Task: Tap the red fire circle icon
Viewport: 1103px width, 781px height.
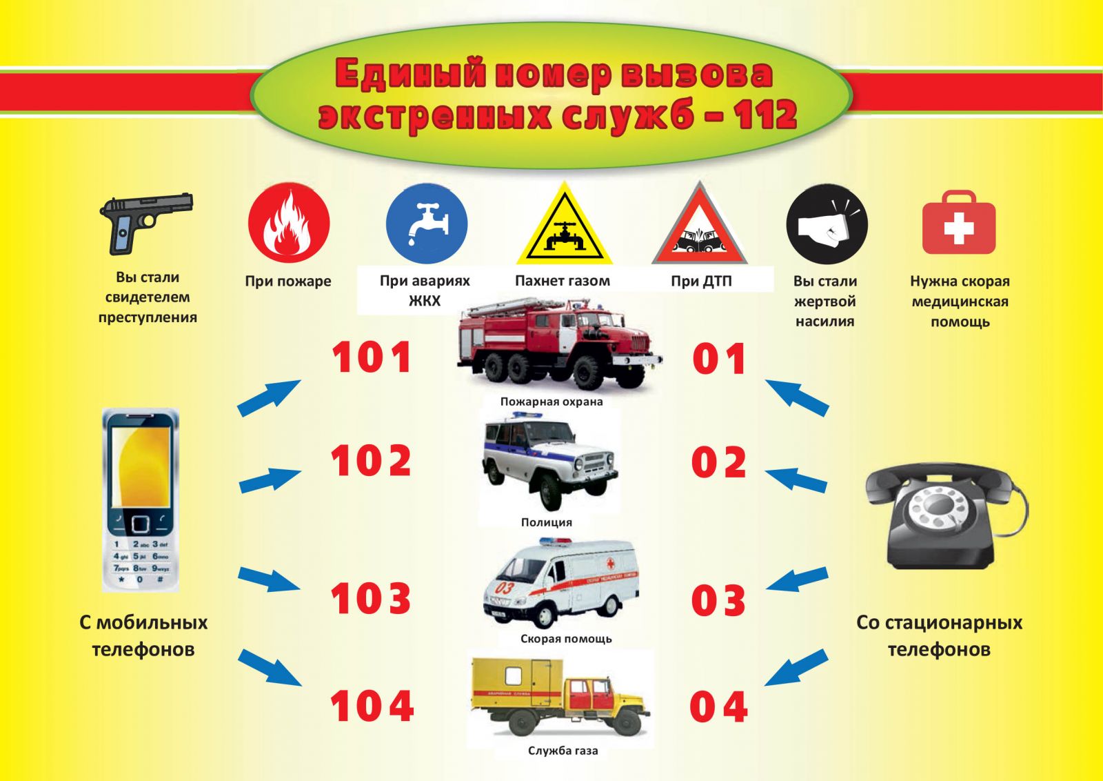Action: click(x=289, y=222)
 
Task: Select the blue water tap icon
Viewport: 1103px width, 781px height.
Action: click(x=427, y=224)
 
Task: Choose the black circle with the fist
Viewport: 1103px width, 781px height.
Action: click(x=827, y=225)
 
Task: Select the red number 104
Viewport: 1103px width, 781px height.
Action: click(x=372, y=706)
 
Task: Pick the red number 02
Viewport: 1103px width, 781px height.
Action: click(x=719, y=462)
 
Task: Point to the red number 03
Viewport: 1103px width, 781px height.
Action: click(x=718, y=600)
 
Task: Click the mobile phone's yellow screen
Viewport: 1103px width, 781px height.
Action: click(x=141, y=466)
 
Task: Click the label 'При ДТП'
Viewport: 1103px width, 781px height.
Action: click(x=701, y=281)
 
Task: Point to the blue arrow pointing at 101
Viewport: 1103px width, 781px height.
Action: click(x=270, y=398)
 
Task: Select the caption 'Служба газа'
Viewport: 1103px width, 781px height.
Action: click(x=563, y=751)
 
